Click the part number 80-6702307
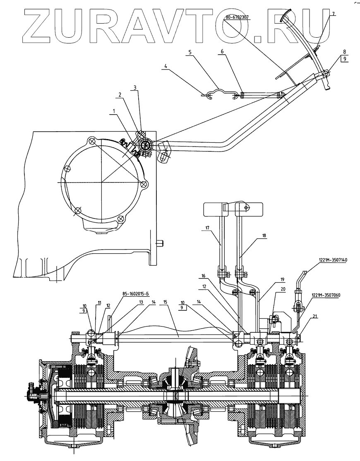tap(243, 17)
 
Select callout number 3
tap(134, 87)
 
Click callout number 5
tap(190, 53)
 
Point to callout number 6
tap(222, 51)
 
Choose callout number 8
tap(344, 52)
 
